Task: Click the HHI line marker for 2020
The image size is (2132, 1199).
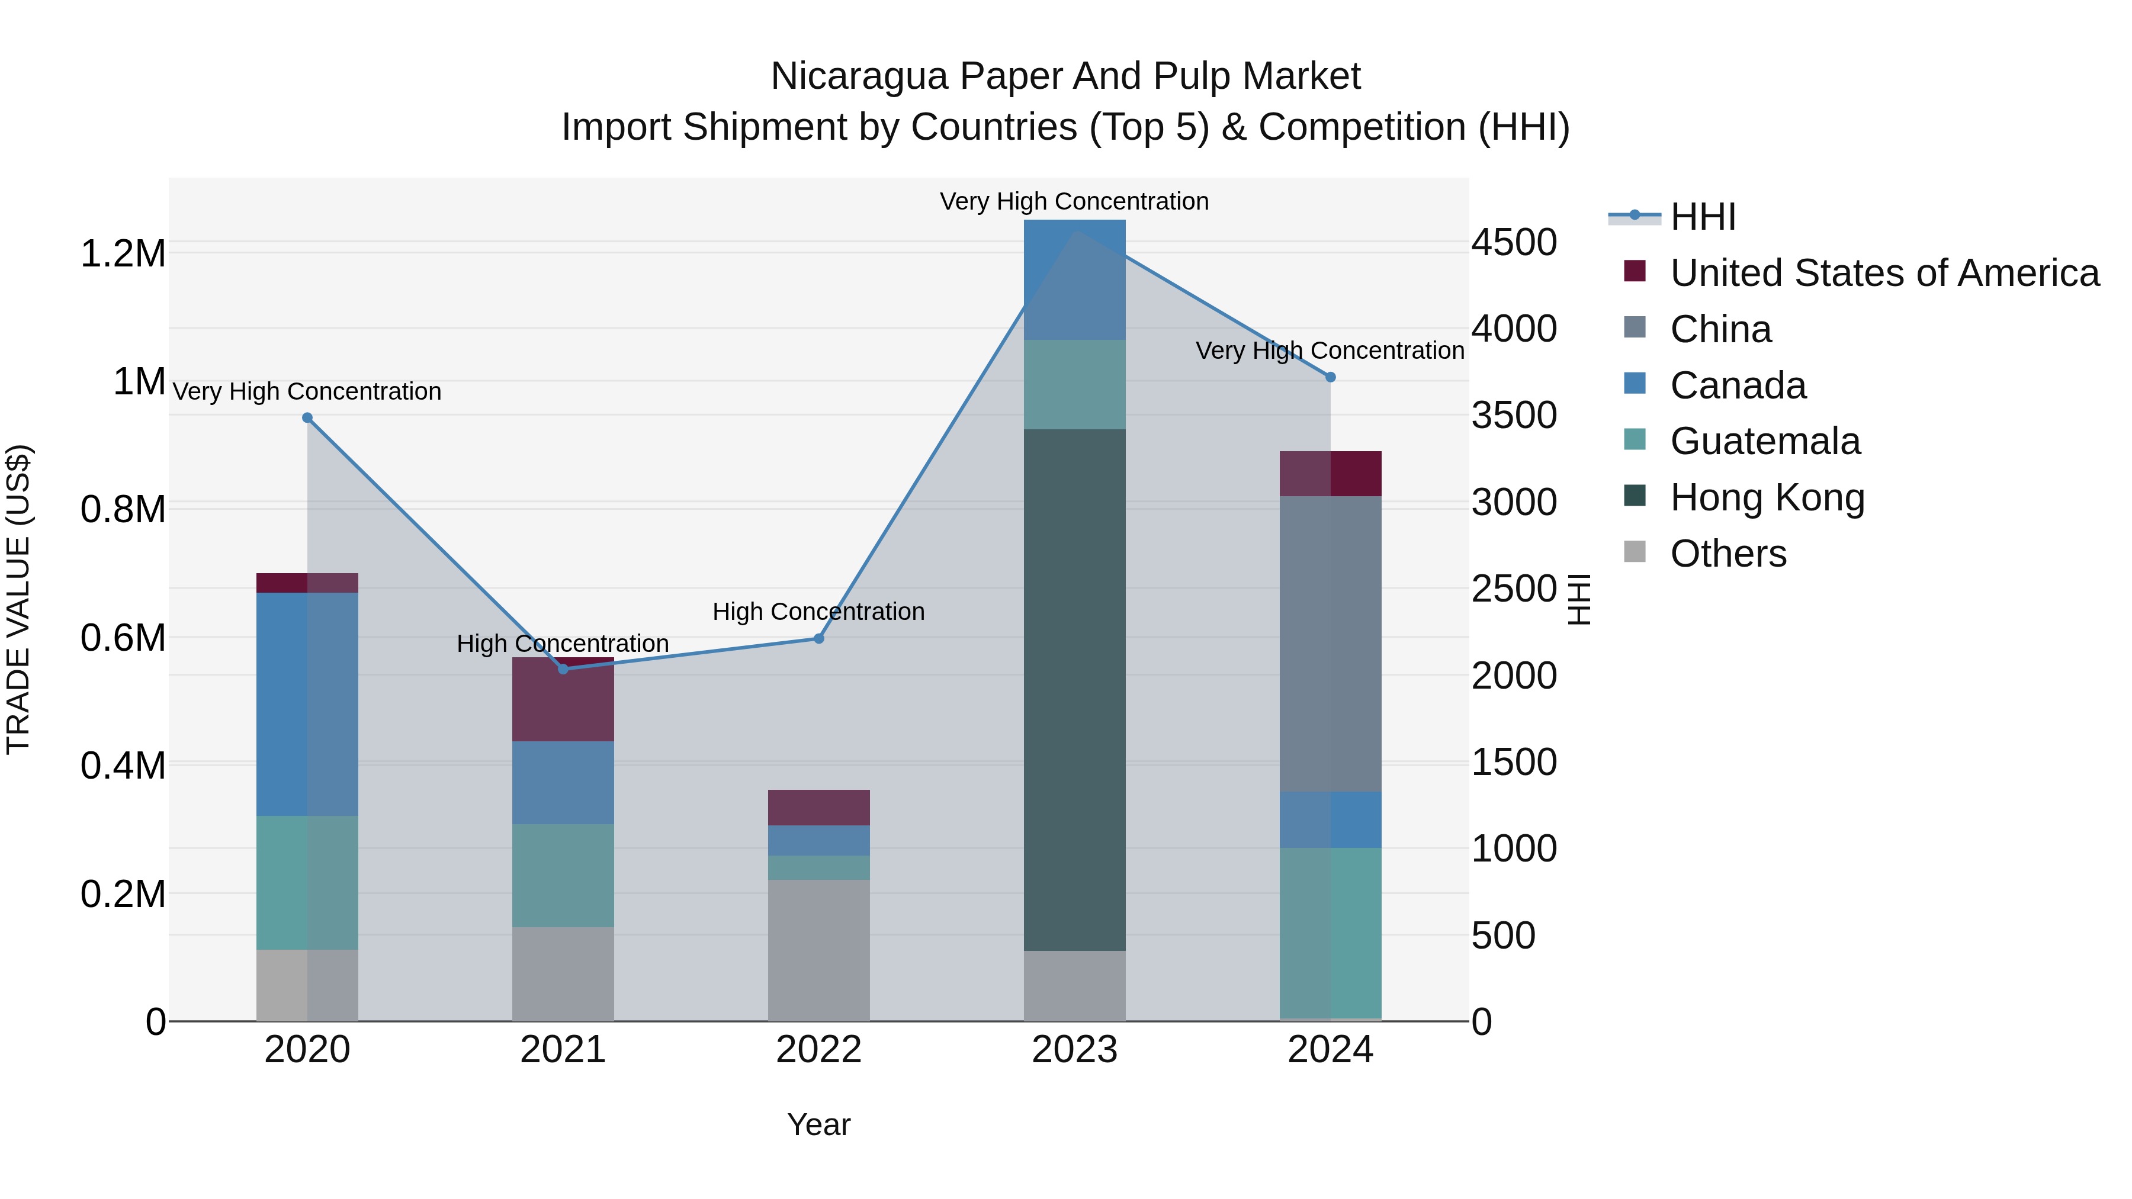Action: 307,418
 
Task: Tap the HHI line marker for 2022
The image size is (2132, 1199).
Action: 818,639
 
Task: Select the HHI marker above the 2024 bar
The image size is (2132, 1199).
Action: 1330,377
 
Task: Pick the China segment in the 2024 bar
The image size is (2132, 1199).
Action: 1330,644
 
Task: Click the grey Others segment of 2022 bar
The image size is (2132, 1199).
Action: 818,950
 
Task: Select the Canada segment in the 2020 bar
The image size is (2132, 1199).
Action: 307,704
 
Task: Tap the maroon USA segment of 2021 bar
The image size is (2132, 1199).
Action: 563,700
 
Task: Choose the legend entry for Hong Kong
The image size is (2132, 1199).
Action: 1767,497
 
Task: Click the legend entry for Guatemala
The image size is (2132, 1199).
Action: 1765,441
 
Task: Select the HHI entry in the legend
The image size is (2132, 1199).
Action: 1703,217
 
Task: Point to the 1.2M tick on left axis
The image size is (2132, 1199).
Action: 123,253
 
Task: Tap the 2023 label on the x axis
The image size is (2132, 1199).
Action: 1074,1050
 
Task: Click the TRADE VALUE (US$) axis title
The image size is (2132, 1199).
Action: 18,599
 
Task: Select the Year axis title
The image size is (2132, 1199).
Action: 818,1124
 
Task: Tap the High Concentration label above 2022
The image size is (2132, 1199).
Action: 818,612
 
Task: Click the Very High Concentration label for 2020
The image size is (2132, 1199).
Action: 307,391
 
